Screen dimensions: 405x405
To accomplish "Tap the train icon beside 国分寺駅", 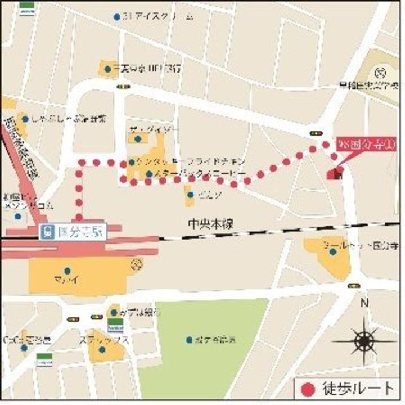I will [x=48, y=231].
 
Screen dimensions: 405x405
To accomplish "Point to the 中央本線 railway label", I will [x=210, y=224].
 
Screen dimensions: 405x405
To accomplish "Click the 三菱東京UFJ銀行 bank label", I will [x=147, y=69].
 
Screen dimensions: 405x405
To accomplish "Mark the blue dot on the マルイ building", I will [x=67, y=271].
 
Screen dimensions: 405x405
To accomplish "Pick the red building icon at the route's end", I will [x=336, y=173].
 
